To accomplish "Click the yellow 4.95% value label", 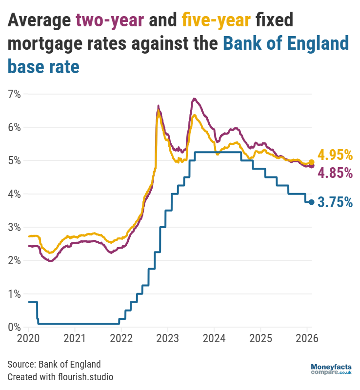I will [335, 156].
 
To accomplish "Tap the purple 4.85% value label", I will [335, 173].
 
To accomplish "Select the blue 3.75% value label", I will [335, 202].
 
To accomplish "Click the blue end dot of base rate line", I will [312, 202].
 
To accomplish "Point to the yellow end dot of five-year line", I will [312, 162].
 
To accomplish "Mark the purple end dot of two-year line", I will [312, 166].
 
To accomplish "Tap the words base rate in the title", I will [43, 66].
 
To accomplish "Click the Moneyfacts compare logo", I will [331, 369].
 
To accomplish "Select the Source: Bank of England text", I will [54, 364].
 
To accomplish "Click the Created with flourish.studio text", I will [60, 377].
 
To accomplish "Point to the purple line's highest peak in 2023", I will [194, 99].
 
